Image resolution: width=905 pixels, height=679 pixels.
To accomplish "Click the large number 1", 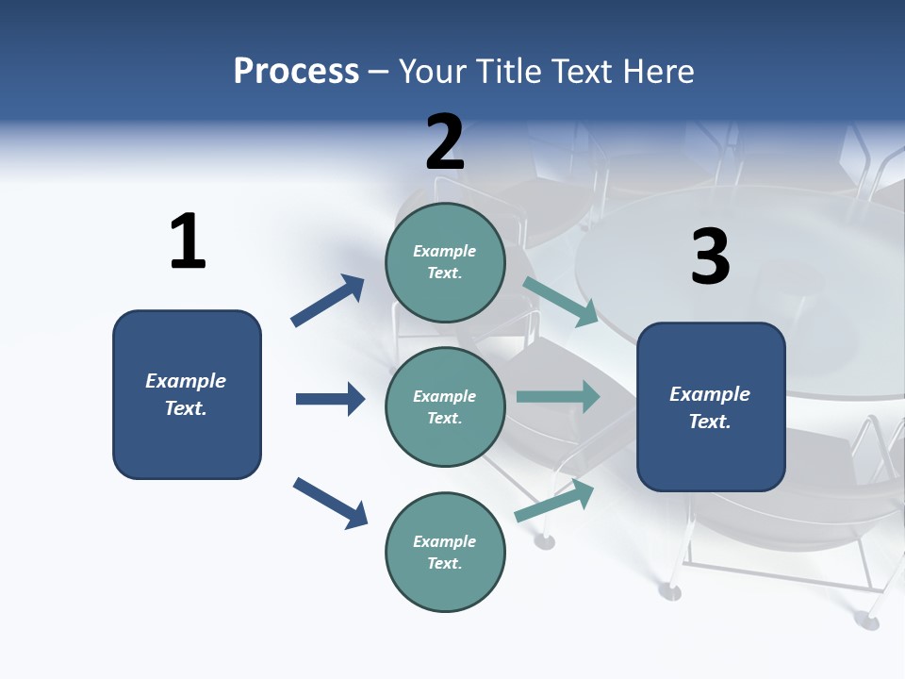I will (x=188, y=241).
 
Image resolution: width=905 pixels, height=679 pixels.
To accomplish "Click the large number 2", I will (x=445, y=141).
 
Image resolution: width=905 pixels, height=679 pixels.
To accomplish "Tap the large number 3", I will (x=710, y=257).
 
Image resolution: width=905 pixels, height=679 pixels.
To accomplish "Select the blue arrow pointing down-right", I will (x=330, y=503).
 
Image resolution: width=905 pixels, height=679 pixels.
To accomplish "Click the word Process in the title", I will (x=296, y=71).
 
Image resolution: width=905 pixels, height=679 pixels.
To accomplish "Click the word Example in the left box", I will (x=186, y=381).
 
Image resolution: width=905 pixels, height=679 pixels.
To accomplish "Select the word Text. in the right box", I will (x=710, y=422).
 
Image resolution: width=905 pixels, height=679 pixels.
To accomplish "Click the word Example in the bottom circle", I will (x=445, y=541).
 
